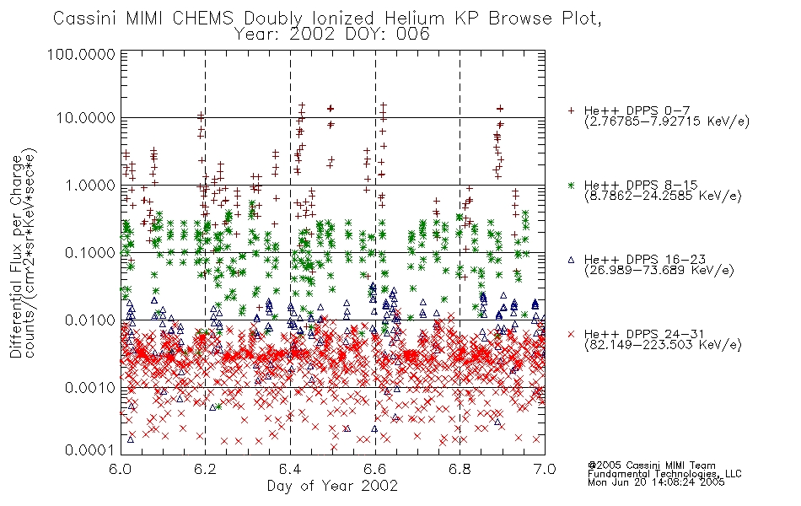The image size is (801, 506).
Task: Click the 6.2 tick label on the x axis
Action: (x=206, y=469)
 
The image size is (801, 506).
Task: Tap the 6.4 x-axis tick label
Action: (x=290, y=469)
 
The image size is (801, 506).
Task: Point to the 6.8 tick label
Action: (x=460, y=469)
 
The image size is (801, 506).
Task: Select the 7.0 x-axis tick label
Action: (x=545, y=469)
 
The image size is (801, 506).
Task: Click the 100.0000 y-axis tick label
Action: (x=81, y=54)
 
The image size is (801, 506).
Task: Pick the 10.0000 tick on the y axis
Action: (x=86, y=118)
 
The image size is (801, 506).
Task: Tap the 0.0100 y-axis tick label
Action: (x=90, y=320)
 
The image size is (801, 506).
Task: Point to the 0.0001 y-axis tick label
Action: (x=90, y=449)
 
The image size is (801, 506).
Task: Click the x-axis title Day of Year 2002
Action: (x=332, y=486)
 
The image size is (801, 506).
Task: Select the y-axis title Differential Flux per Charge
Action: (x=16, y=256)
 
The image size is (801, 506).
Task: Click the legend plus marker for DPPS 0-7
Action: (x=571, y=110)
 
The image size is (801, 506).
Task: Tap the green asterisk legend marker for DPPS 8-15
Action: (x=571, y=185)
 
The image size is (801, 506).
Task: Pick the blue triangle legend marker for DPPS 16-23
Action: (x=571, y=260)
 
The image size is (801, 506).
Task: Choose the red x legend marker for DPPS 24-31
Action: (x=571, y=334)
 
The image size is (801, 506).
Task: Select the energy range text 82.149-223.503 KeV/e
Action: (x=663, y=345)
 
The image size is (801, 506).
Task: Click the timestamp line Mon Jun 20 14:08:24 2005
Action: (x=656, y=482)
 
